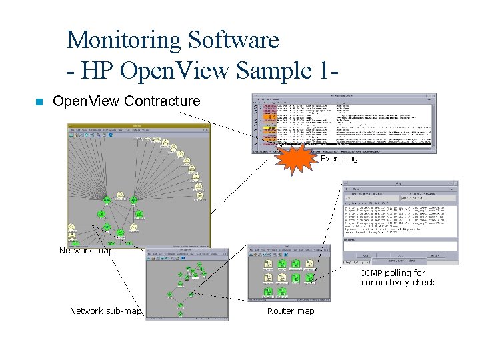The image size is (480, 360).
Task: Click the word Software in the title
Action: click(233, 40)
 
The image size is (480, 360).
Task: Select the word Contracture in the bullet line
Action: click(162, 101)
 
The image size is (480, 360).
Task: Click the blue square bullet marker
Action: click(39, 102)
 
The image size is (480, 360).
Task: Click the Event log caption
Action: click(339, 159)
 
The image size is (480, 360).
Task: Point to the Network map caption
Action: click(86, 251)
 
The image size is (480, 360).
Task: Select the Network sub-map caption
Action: click(105, 311)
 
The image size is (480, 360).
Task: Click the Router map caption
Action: click(291, 311)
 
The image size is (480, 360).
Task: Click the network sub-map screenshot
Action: click(186, 283)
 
